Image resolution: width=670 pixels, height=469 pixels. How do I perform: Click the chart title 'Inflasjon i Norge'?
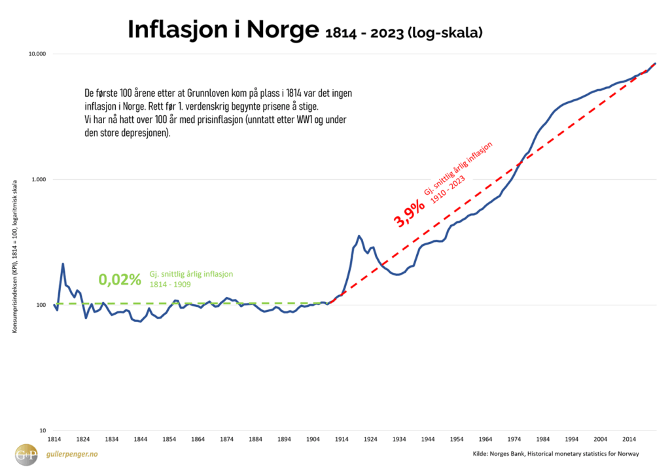222,30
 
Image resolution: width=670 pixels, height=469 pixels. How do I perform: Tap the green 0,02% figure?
120,280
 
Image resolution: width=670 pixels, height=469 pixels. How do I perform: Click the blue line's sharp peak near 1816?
63,264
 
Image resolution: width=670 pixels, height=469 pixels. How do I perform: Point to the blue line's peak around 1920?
359,235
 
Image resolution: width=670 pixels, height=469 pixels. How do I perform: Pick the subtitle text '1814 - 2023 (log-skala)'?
404,31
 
